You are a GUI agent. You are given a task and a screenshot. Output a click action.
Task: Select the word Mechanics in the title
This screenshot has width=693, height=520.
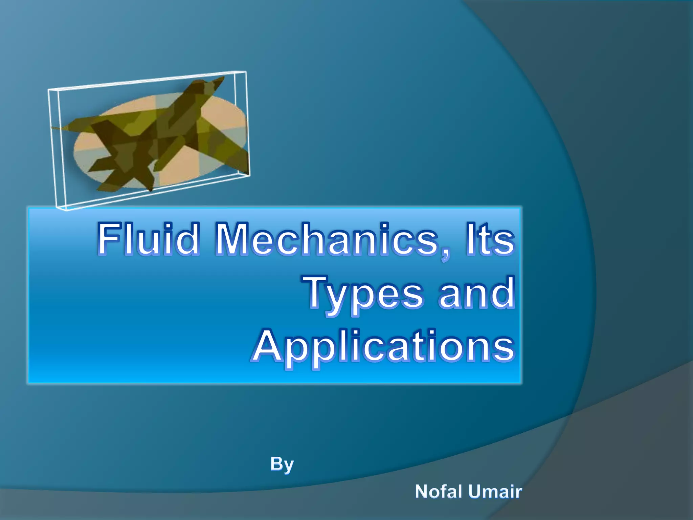(327, 238)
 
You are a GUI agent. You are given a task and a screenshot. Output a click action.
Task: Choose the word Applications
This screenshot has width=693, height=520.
(384, 347)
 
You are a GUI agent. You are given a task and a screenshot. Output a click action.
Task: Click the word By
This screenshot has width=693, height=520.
(282, 464)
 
